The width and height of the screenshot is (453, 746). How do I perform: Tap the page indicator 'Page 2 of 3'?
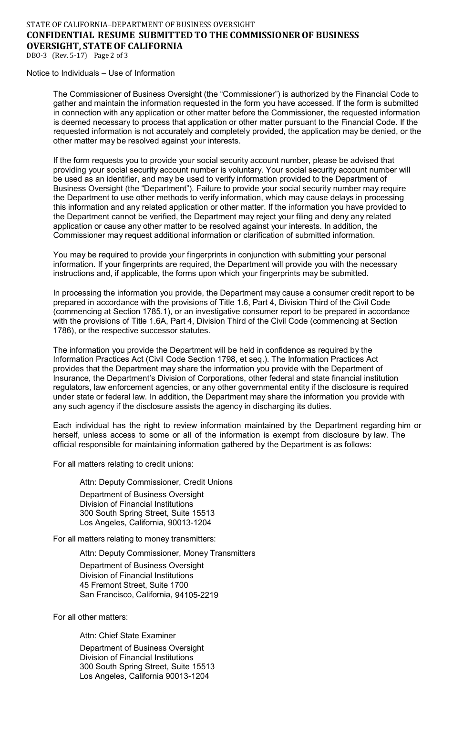(111, 55)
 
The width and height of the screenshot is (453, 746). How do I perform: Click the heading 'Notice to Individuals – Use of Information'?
(101, 73)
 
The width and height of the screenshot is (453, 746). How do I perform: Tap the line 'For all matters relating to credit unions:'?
(123, 463)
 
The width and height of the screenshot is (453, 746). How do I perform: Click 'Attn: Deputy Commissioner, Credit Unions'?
(156, 482)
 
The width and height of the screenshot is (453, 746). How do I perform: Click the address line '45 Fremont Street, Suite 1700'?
(134, 585)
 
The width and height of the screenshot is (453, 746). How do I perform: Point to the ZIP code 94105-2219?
(196, 595)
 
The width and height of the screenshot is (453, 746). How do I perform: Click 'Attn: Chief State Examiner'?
(127, 635)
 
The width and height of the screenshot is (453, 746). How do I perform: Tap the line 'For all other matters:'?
(90, 617)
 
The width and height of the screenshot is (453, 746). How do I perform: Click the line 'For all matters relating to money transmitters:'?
(134, 539)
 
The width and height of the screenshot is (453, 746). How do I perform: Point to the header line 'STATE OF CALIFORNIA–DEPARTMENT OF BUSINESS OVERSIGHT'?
(141, 24)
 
